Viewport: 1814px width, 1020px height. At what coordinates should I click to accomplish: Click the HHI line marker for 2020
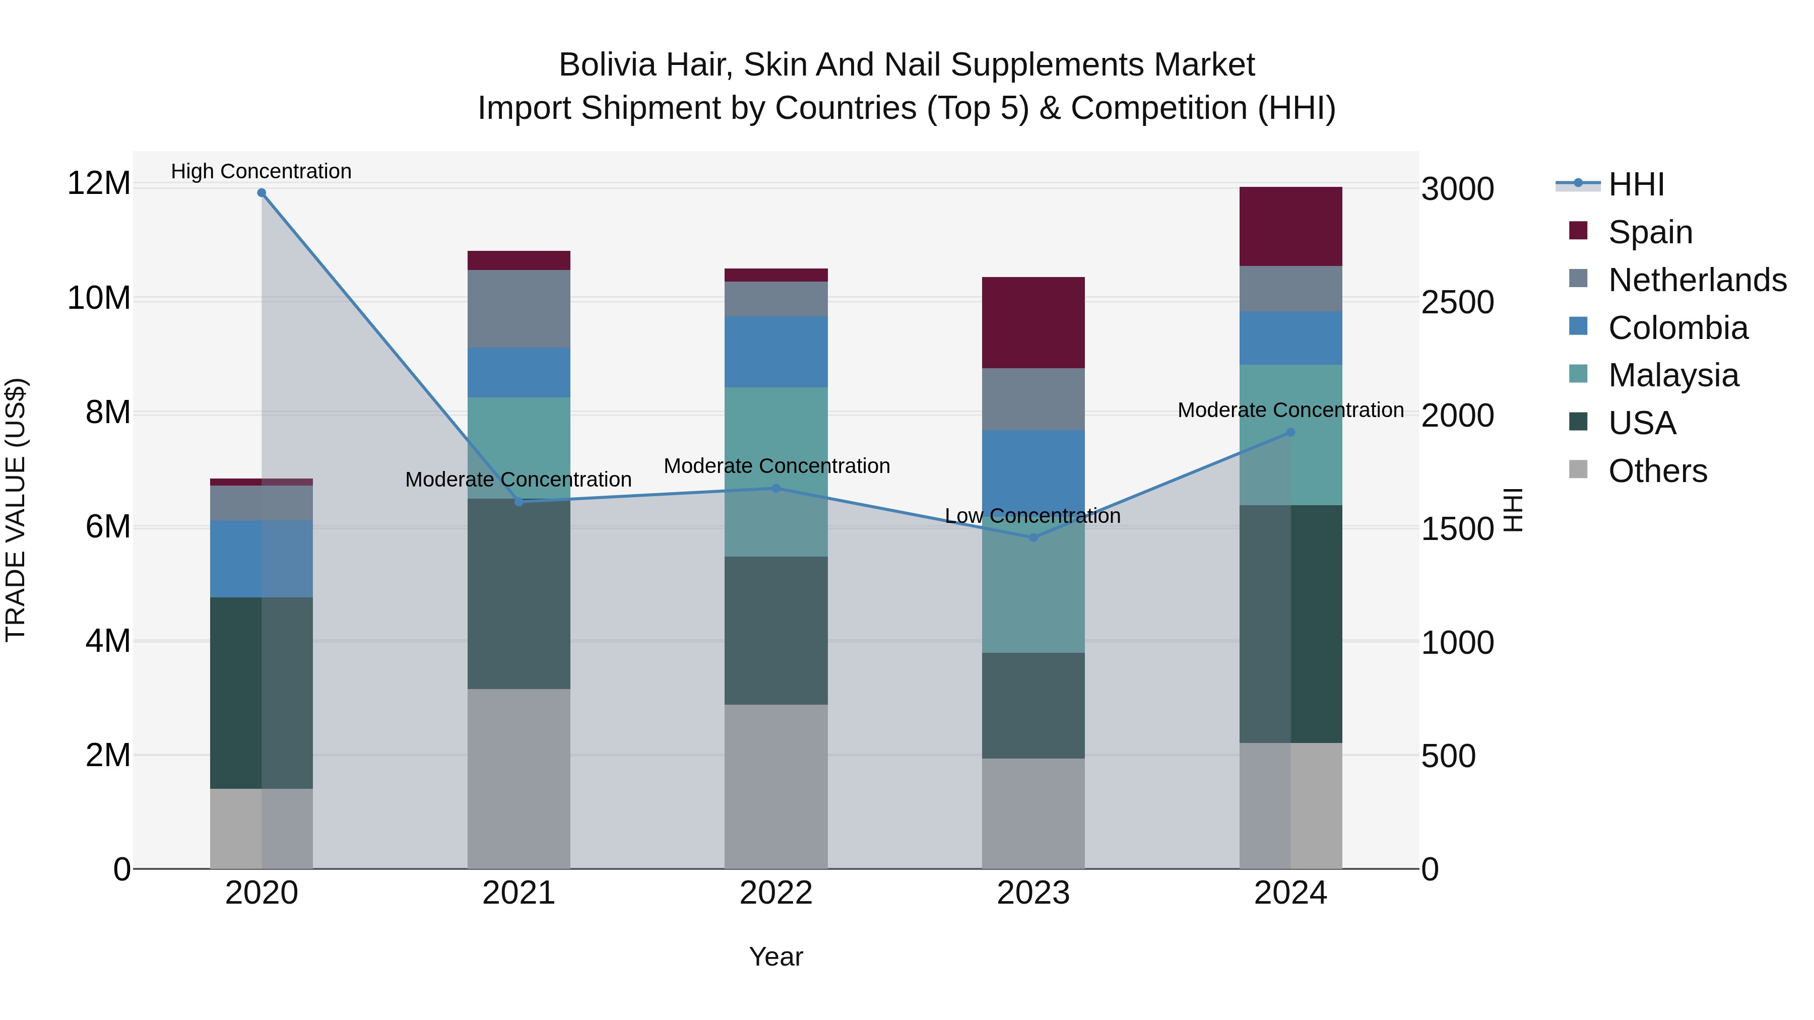261,193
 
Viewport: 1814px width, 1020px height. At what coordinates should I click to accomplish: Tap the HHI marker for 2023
1033,537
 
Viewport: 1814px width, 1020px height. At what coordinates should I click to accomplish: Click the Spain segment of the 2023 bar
1033,322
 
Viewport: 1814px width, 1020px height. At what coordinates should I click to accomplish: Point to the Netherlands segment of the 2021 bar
519,308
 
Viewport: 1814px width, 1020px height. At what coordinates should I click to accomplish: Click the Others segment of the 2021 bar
519,779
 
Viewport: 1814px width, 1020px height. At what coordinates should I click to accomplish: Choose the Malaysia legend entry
1672,375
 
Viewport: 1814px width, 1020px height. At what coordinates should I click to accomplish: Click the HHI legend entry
1636,184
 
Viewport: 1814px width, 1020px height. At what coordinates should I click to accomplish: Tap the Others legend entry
1657,471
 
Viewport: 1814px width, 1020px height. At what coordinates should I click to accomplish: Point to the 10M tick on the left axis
99,299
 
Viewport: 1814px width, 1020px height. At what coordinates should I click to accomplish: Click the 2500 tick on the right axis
1457,303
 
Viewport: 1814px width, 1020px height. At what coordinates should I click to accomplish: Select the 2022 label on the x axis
776,893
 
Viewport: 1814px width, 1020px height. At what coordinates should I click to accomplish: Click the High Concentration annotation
261,171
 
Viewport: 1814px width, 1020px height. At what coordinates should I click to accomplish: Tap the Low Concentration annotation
1032,516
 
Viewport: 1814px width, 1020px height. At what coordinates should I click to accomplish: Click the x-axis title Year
776,957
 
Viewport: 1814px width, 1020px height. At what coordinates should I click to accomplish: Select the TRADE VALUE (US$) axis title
16,510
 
